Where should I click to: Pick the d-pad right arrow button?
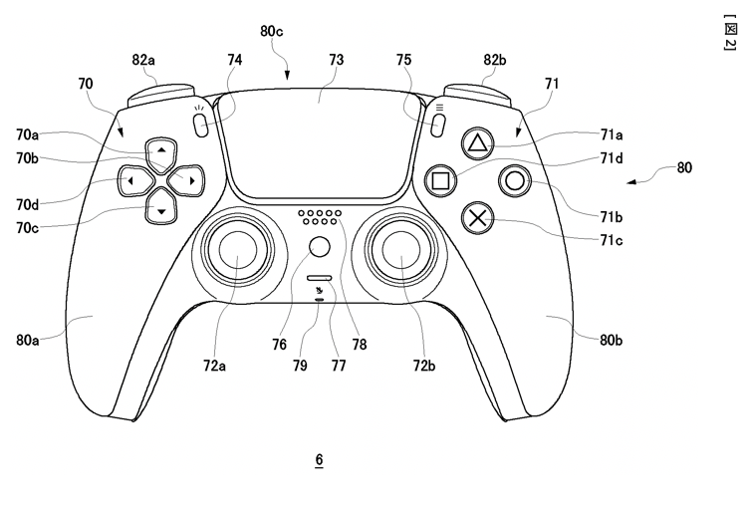[189, 180]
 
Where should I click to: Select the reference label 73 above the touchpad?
[336, 61]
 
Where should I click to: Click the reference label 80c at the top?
[272, 31]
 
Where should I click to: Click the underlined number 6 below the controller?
[319, 460]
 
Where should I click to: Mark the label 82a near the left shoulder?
[143, 61]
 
